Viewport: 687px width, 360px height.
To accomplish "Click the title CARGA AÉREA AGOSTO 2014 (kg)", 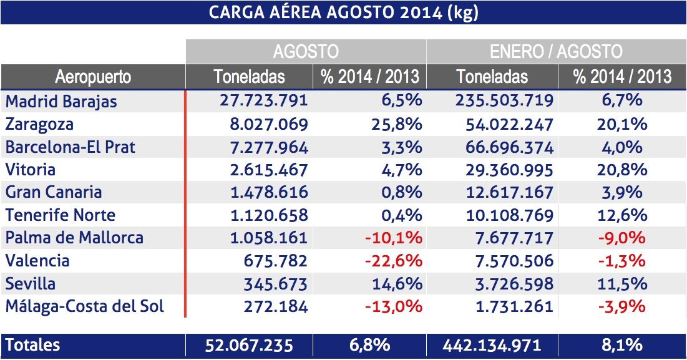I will [x=344, y=12].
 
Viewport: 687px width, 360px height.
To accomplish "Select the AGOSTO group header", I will [x=306, y=51].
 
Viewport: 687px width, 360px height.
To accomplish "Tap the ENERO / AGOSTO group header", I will [x=556, y=51].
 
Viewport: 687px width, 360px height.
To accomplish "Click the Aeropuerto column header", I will [x=93, y=77].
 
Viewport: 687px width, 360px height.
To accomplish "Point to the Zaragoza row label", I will [x=39, y=124].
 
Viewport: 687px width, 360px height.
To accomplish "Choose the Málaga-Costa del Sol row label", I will [x=85, y=306].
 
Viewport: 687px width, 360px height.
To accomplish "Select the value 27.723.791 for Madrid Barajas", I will [x=264, y=101].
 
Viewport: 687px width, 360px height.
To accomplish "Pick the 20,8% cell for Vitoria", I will [x=622, y=170].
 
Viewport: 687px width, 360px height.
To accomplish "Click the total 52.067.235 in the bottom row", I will [x=249, y=345].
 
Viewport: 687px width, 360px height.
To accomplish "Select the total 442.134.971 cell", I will [x=492, y=345].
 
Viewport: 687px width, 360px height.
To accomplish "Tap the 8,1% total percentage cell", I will [x=622, y=345].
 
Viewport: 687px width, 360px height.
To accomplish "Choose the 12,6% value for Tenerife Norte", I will [x=622, y=215].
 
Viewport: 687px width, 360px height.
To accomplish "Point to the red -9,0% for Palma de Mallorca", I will [x=621, y=238].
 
